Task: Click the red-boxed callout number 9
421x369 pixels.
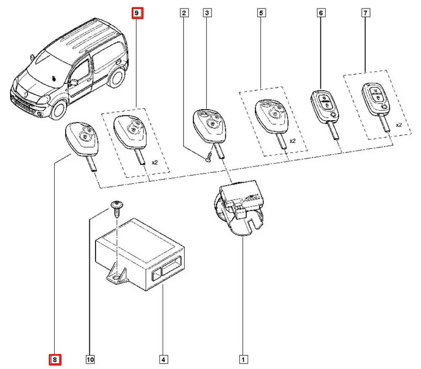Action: point(138,13)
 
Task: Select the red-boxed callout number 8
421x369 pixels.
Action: point(55,360)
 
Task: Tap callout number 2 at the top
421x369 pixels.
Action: point(184,13)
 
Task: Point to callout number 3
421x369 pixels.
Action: point(207,13)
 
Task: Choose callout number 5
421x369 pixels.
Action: point(261,13)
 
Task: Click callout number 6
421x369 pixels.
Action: point(321,13)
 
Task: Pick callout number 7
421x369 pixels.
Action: point(365,13)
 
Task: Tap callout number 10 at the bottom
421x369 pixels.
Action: point(90,360)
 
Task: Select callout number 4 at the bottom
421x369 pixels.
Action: point(163,360)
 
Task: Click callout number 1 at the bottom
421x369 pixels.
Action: point(243,360)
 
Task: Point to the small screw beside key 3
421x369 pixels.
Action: point(208,159)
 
